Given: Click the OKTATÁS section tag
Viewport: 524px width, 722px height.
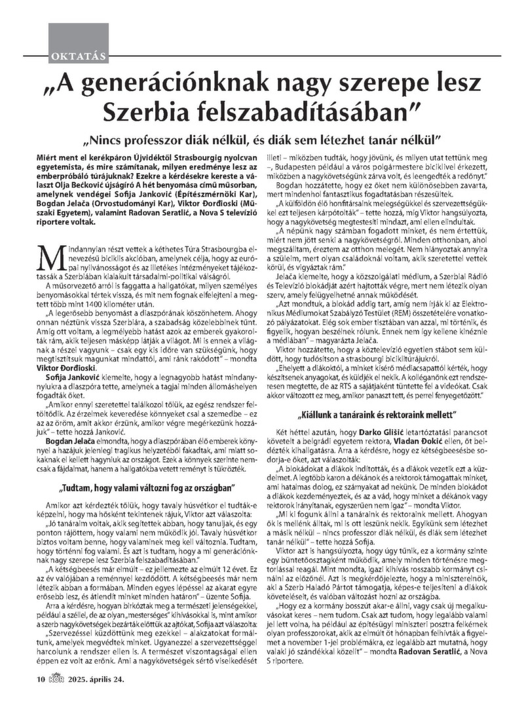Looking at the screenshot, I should coord(77,55).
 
